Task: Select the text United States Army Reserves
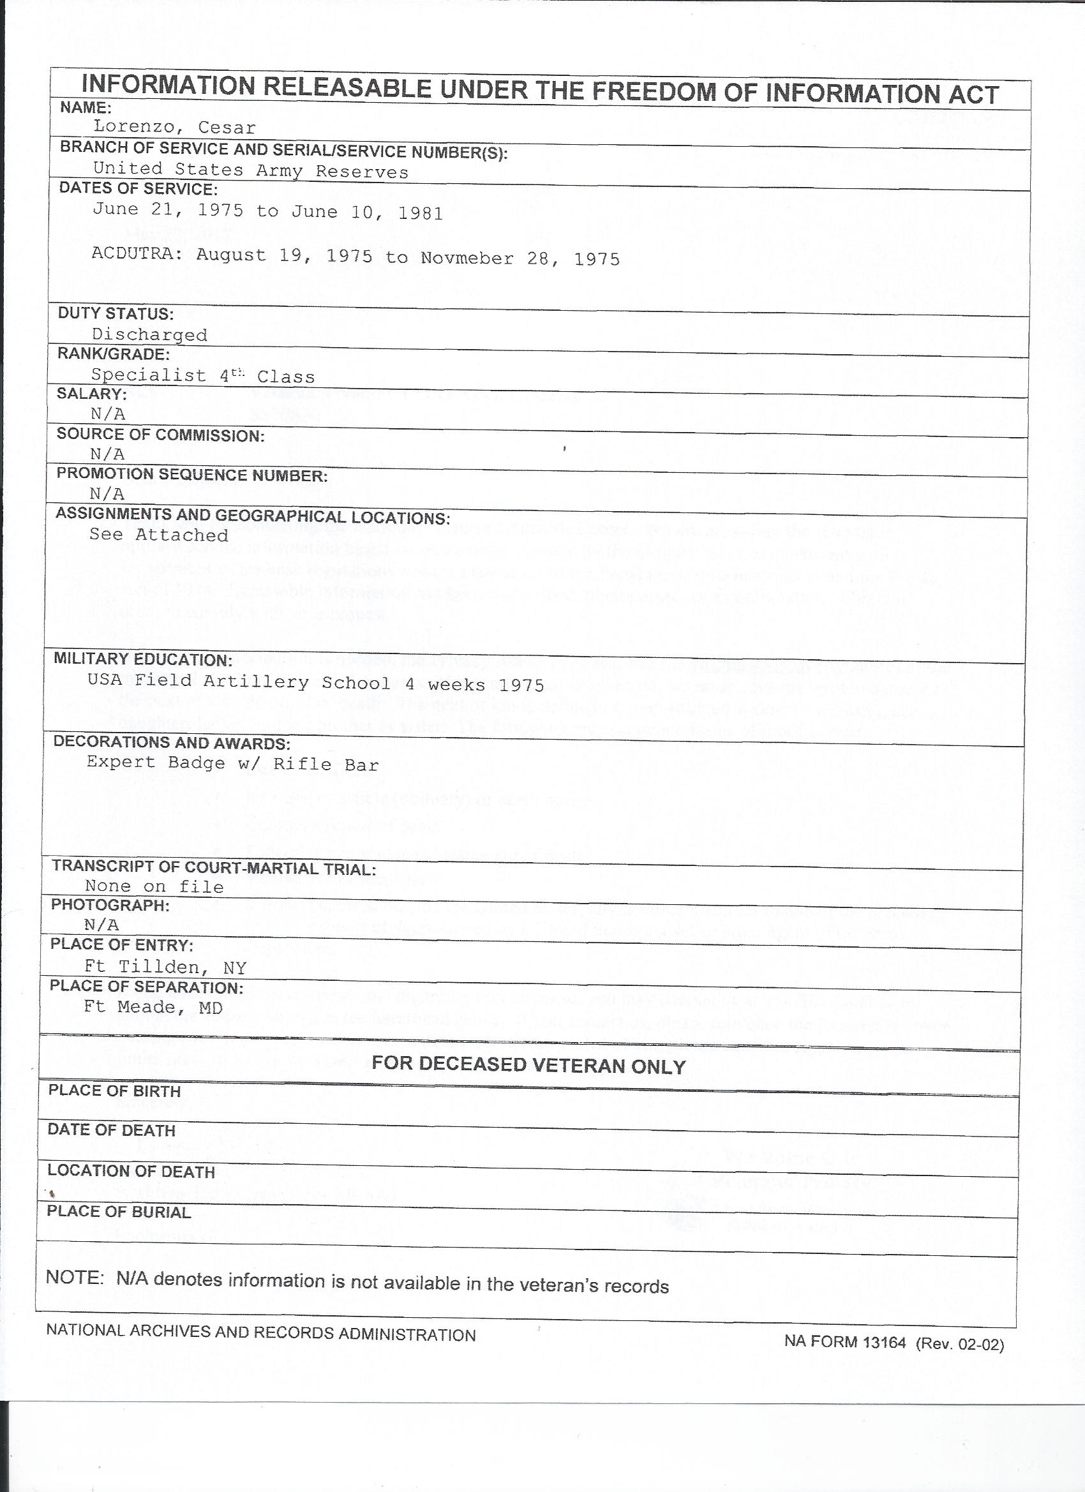(251, 171)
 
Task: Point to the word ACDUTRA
(137, 254)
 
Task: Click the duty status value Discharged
(149, 335)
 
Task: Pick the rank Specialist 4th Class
(203, 376)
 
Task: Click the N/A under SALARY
(108, 414)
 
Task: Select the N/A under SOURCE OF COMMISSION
(107, 454)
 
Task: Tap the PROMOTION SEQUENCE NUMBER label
(191, 475)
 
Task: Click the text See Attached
(158, 535)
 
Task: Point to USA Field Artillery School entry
(316, 683)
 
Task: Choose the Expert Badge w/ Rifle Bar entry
(233, 763)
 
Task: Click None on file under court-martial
(154, 887)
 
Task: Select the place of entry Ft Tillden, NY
(165, 967)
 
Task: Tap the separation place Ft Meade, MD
(153, 1007)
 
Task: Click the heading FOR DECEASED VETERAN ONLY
(528, 1066)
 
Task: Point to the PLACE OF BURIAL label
(119, 1212)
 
